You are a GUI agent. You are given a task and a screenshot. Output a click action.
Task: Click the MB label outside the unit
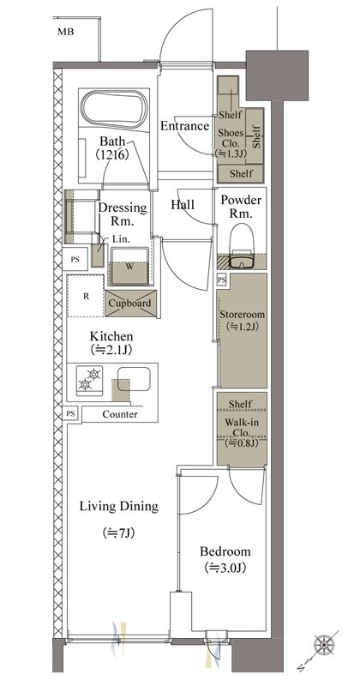point(65,32)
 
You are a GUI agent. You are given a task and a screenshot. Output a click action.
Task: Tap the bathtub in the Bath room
point(114,110)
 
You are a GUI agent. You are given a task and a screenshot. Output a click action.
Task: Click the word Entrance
point(184,126)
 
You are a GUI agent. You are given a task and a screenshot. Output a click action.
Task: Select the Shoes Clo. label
point(231,137)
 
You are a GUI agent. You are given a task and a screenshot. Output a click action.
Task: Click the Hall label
point(183,205)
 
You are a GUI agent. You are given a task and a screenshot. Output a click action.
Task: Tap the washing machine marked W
point(129,266)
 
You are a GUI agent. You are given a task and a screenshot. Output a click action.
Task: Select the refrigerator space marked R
point(86,296)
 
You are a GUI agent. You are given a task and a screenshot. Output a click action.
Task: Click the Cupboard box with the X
point(130,304)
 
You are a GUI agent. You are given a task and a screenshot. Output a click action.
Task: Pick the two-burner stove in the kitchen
point(89,380)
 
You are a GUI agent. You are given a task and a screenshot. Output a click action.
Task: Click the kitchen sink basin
point(134,379)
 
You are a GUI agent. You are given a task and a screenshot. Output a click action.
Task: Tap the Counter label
point(120,414)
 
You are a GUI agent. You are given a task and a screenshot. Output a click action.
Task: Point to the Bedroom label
point(225,551)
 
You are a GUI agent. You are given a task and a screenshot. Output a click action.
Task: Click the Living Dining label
point(118,507)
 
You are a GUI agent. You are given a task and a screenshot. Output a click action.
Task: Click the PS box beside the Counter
point(70,413)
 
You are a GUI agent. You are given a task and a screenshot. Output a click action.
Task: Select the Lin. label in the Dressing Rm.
point(118,239)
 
